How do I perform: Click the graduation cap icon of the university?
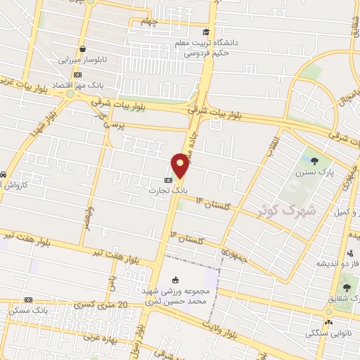pos(206,32)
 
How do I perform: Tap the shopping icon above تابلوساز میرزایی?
pos(84,49)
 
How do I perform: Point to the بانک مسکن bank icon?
pos(28,300)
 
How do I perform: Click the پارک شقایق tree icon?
pos(345,288)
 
